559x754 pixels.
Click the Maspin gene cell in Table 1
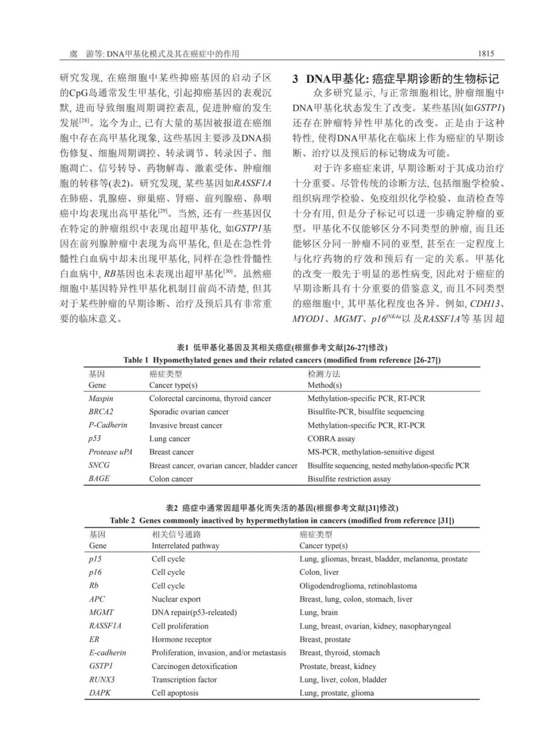point(100,399)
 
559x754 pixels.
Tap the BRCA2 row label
point(100,411)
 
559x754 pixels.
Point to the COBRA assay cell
point(331,438)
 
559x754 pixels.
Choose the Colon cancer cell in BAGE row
point(171,479)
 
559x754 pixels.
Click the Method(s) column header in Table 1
point(325,385)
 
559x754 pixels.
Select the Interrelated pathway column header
point(185,546)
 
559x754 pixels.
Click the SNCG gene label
point(99,465)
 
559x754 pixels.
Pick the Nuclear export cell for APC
point(176,599)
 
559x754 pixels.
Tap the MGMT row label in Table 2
point(101,613)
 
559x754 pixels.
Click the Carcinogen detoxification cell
point(194,666)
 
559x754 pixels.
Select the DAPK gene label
point(99,693)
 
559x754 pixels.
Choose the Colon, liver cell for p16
point(319,572)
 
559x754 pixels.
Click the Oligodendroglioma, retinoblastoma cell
point(358,586)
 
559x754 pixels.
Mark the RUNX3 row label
point(101,679)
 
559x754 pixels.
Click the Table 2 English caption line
point(282,520)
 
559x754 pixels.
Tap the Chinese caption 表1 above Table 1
point(282,348)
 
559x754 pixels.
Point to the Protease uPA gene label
point(110,452)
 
